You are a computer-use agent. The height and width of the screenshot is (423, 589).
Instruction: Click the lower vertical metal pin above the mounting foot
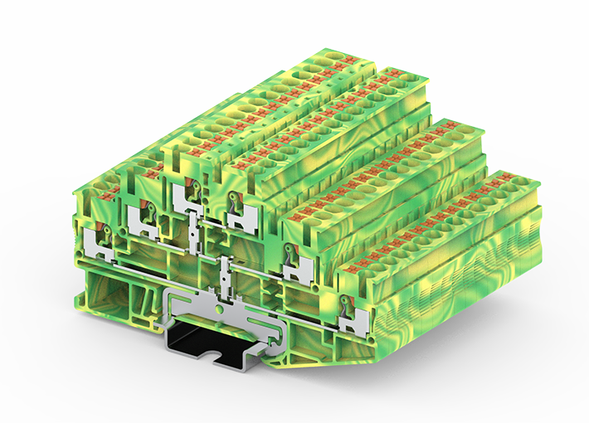point(225,282)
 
